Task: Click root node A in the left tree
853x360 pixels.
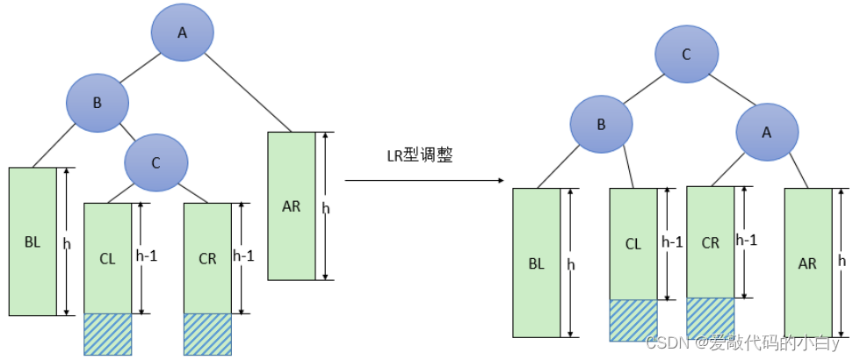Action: coord(182,32)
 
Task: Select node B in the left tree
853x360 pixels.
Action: coord(98,102)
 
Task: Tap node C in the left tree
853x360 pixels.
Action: coord(156,162)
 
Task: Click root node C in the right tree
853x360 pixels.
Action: coord(686,54)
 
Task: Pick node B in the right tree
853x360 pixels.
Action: coord(601,125)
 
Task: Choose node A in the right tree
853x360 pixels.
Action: coord(767,132)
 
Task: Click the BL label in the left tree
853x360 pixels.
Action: coord(33,243)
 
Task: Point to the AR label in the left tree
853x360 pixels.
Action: coord(292,206)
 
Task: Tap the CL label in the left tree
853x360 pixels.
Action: coord(108,259)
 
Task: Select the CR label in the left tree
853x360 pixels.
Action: coord(208,259)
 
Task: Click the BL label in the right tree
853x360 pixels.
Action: coord(537,264)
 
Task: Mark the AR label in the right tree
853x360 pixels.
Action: coord(807,263)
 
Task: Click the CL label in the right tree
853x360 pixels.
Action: coord(633,244)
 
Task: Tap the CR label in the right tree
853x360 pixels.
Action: coord(711,243)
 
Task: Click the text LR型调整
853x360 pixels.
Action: coord(418,156)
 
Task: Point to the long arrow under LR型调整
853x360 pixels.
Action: coord(423,180)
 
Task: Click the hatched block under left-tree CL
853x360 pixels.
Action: coord(108,335)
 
